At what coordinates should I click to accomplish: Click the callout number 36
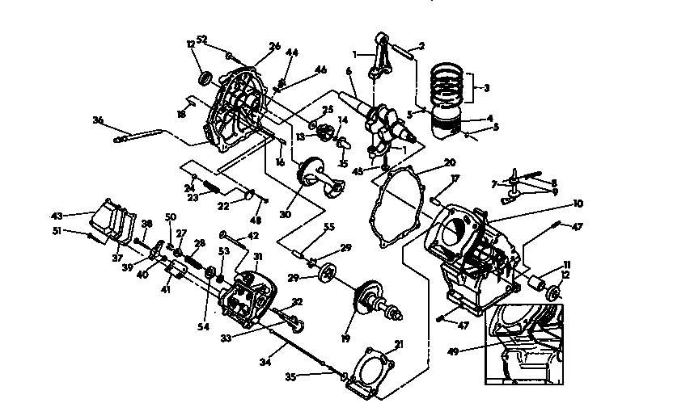(99, 120)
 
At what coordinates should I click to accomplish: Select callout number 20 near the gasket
(449, 162)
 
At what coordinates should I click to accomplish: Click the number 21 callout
(397, 345)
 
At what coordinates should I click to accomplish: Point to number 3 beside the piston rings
(489, 88)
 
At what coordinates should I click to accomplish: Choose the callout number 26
(274, 47)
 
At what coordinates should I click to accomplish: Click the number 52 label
(202, 39)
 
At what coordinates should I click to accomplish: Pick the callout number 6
(349, 71)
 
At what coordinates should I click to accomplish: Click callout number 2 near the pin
(421, 45)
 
